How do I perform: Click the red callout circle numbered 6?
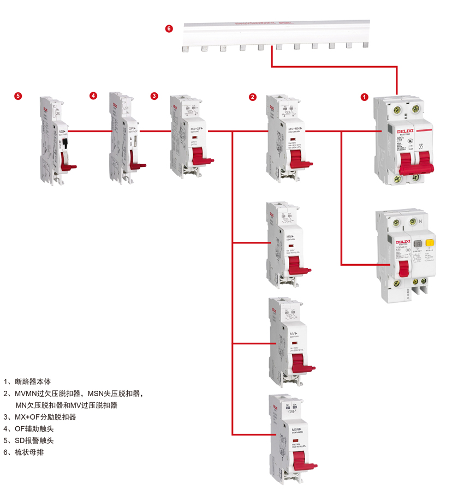(169, 28)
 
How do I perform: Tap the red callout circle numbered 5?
(18, 96)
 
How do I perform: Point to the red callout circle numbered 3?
(154, 96)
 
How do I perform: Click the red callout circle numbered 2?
(252, 97)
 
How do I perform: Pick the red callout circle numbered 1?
(364, 97)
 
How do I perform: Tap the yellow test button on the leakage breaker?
(430, 244)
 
